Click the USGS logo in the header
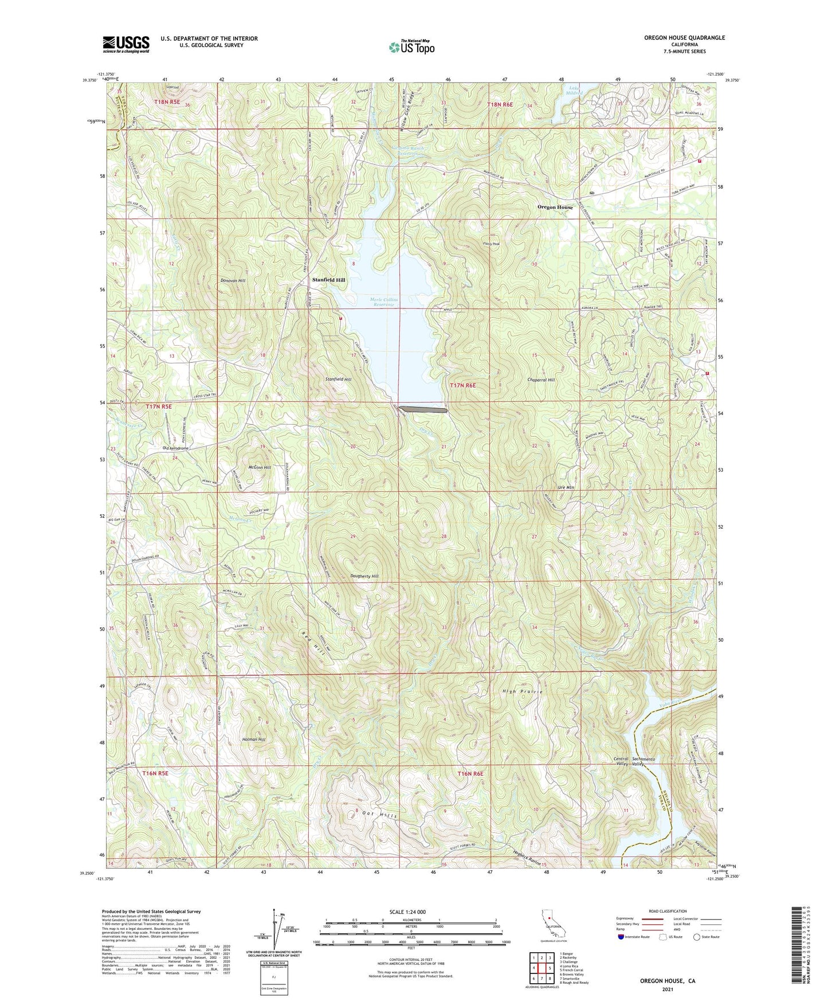click(126, 44)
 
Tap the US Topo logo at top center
click(411, 47)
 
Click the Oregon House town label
click(555, 207)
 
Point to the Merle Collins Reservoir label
click(384, 302)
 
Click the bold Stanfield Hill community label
click(328, 280)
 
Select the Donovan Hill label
click(233, 281)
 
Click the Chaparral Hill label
click(541, 380)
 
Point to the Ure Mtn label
click(566, 487)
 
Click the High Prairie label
click(523, 692)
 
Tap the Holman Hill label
click(254, 740)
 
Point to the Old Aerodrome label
click(175, 448)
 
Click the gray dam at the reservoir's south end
click(423, 410)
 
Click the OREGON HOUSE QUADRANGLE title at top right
click(684, 38)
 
